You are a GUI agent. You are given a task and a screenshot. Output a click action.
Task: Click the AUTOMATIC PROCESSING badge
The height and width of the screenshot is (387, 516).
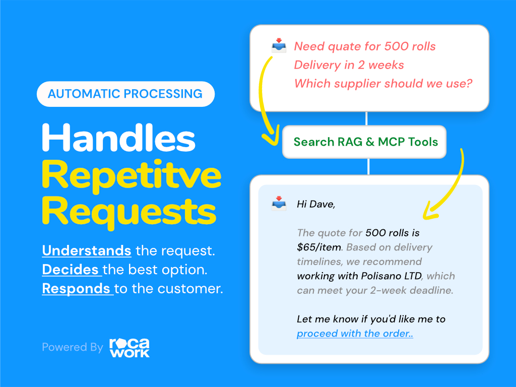click(125, 94)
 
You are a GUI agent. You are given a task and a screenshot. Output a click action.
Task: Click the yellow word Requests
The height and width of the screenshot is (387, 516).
click(129, 212)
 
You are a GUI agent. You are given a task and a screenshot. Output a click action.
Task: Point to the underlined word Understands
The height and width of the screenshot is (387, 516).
click(87, 250)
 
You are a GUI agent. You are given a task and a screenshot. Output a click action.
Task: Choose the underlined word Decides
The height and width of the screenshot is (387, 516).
click(71, 270)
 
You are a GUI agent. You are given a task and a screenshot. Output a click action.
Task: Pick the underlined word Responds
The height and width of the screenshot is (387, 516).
click(76, 289)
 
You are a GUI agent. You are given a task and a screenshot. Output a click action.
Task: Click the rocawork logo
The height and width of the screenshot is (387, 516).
click(130, 347)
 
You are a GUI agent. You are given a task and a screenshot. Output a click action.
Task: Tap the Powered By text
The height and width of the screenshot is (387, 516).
click(73, 347)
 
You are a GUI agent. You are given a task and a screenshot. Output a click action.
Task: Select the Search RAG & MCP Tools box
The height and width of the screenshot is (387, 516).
click(366, 142)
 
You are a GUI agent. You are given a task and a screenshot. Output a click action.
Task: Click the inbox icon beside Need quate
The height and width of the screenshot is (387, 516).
click(279, 47)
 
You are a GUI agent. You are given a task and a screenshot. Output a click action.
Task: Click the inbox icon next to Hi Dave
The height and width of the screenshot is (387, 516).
click(279, 204)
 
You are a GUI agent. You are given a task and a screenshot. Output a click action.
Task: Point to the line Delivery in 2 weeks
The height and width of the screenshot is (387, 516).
click(349, 65)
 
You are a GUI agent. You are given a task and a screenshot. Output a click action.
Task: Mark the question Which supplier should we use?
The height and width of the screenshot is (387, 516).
click(383, 83)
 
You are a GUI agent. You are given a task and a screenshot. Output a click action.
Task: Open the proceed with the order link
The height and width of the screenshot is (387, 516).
click(355, 334)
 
